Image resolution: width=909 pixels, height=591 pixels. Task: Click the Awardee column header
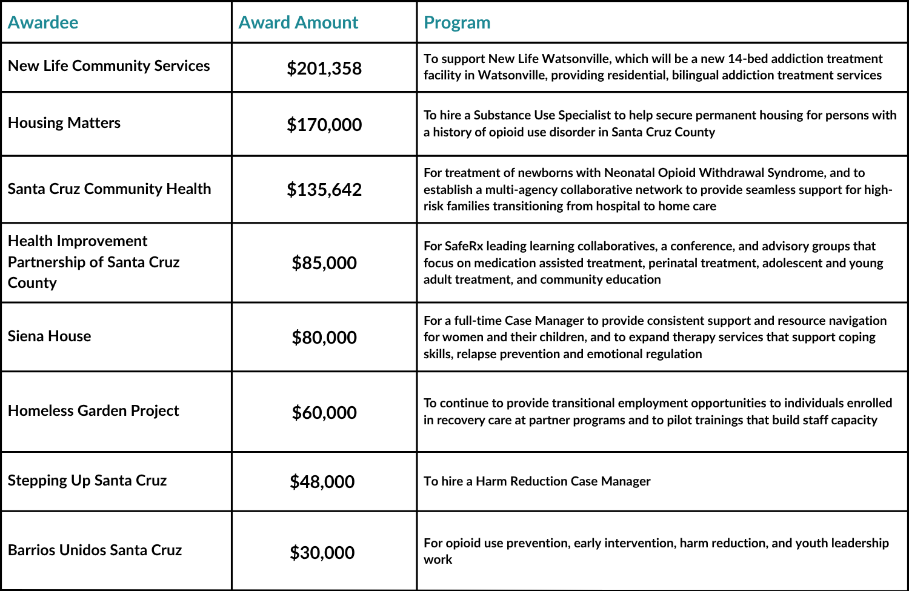(43, 22)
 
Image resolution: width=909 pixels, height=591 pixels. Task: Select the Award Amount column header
(298, 22)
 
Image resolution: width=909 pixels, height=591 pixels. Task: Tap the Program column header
(457, 22)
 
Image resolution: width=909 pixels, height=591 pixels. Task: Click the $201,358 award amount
(324, 68)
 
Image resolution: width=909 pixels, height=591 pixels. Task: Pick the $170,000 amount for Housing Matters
(324, 125)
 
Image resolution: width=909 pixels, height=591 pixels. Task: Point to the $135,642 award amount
(324, 190)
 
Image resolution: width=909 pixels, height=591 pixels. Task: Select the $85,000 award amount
(324, 263)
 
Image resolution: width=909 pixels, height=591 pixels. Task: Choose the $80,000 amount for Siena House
(324, 338)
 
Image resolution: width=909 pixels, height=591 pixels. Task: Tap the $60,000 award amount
(324, 413)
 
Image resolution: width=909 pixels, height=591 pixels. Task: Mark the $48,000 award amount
(322, 482)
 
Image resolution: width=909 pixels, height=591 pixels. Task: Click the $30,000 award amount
(322, 553)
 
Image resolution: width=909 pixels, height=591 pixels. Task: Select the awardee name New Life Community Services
(109, 65)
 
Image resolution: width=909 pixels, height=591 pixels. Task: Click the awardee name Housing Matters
(64, 123)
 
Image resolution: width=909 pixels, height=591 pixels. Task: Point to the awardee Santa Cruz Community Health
(110, 189)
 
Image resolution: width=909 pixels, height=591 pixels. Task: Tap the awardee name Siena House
(50, 336)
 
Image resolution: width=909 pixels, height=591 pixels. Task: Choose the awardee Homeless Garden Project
(93, 411)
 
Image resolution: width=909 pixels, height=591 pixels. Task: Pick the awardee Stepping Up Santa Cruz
(87, 481)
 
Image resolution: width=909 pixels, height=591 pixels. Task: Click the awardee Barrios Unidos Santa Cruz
(95, 550)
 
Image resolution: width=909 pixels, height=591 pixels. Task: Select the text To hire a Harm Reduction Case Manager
(537, 481)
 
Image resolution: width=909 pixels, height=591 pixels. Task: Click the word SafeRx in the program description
(464, 246)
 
